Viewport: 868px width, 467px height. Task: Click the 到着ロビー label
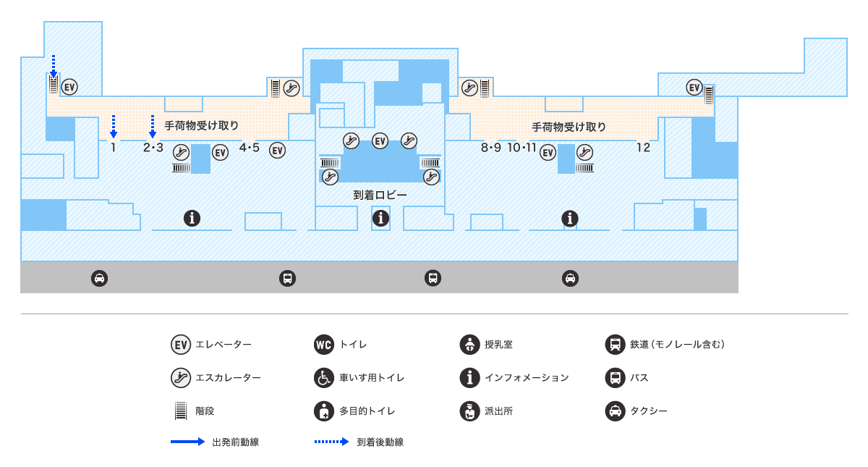[380, 195]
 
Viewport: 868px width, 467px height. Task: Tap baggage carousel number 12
[643, 148]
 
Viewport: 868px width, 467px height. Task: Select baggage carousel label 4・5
[249, 148]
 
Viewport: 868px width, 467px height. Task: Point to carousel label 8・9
[490, 148]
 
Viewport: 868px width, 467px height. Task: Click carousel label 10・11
[522, 148]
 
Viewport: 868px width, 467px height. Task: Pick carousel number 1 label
[114, 148]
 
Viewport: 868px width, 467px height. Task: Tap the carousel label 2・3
[153, 148]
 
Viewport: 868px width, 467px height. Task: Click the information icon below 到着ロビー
[380, 217]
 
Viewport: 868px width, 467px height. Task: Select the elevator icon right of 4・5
[277, 151]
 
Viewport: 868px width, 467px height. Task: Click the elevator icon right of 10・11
[548, 152]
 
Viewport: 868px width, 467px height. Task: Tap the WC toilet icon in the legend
[323, 345]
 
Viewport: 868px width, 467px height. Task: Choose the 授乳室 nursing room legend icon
[469, 345]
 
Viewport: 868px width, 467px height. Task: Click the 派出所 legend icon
[469, 411]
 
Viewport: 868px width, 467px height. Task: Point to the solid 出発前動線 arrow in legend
[187, 442]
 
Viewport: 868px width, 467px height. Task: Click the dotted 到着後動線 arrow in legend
[332, 442]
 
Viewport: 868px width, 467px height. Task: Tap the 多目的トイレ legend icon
[323, 411]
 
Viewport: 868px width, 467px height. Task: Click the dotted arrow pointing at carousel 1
[114, 126]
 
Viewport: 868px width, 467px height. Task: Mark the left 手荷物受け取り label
[202, 126]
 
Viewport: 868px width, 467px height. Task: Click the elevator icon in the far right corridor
[694, 88]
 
